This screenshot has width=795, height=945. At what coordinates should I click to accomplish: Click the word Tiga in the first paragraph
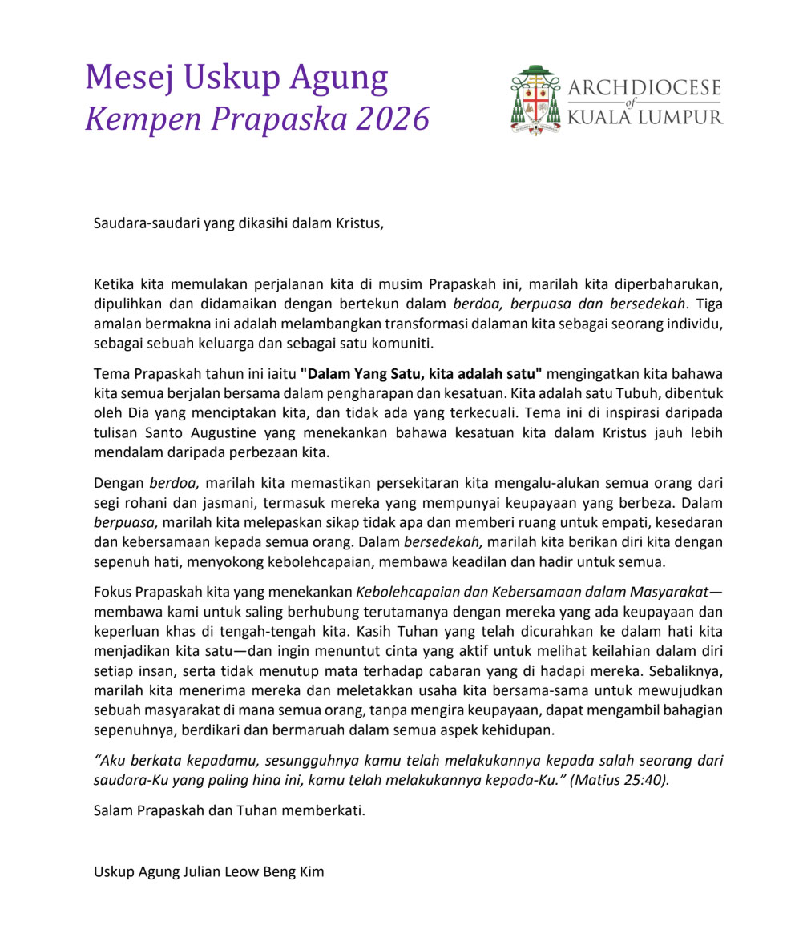(x=708, y=304)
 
